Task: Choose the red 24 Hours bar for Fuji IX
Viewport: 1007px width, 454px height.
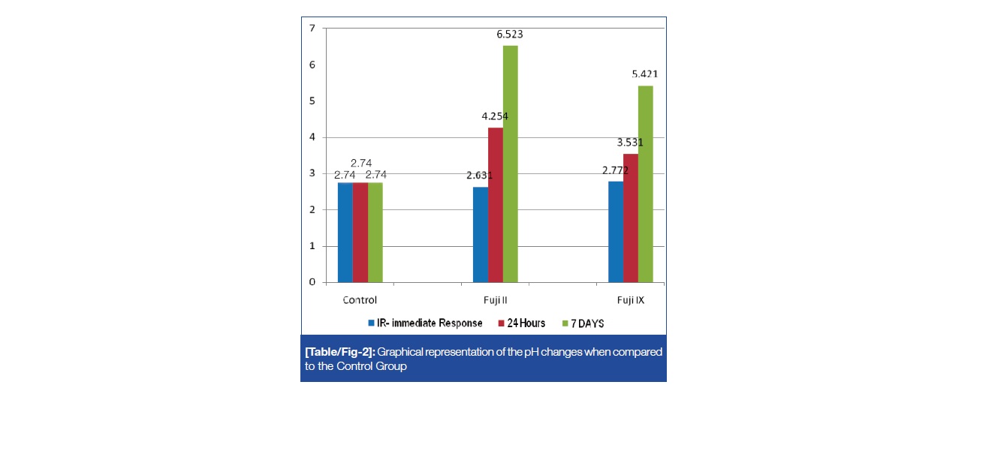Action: [x=631, y=218]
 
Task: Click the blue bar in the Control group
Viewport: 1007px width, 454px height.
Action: [x=345, y=232]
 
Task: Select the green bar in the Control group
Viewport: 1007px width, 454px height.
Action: [x=375, y=232]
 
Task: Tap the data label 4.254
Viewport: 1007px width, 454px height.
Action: [x=494, y=116]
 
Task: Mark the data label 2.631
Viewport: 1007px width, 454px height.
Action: [x=479, y=176]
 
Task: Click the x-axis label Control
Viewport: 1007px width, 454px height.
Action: [x=360, y=300]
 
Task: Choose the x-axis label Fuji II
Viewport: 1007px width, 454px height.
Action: [x=496, y=300]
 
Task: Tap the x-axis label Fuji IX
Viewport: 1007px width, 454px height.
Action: [x=630, y=300]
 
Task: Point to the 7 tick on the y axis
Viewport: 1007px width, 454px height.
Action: [x=312, y=29]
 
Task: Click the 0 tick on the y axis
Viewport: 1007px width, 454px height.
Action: [x=312, y=282]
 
